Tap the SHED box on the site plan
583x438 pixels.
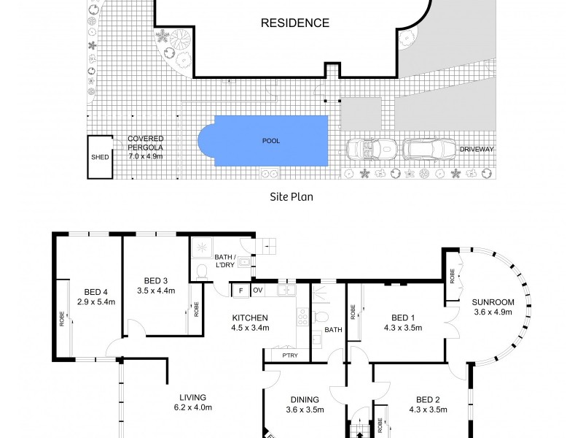pos(100,157)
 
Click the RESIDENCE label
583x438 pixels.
pos(295,23)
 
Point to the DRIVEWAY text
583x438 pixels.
pos(477,150)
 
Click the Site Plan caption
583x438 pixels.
pos(291,196)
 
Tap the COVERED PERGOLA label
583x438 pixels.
pos(145,142)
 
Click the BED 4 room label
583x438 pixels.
pos(95,292)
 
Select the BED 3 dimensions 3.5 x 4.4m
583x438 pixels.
pos(156,291)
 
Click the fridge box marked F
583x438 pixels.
pos(241,291)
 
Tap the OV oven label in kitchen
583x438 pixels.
pos(258,290)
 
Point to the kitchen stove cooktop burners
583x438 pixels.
pos(302,318)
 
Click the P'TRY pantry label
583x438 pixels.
pos(290,356)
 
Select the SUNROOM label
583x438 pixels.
pos(493,302)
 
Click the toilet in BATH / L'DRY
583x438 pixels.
pos(202,272)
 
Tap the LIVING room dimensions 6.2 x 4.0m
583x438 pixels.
pos(193,407)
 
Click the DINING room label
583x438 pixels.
pos(305,399)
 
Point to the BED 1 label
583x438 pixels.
pos(403,318)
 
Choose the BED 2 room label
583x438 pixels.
pos(428,400)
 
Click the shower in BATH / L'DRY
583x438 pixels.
pos(202,247)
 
